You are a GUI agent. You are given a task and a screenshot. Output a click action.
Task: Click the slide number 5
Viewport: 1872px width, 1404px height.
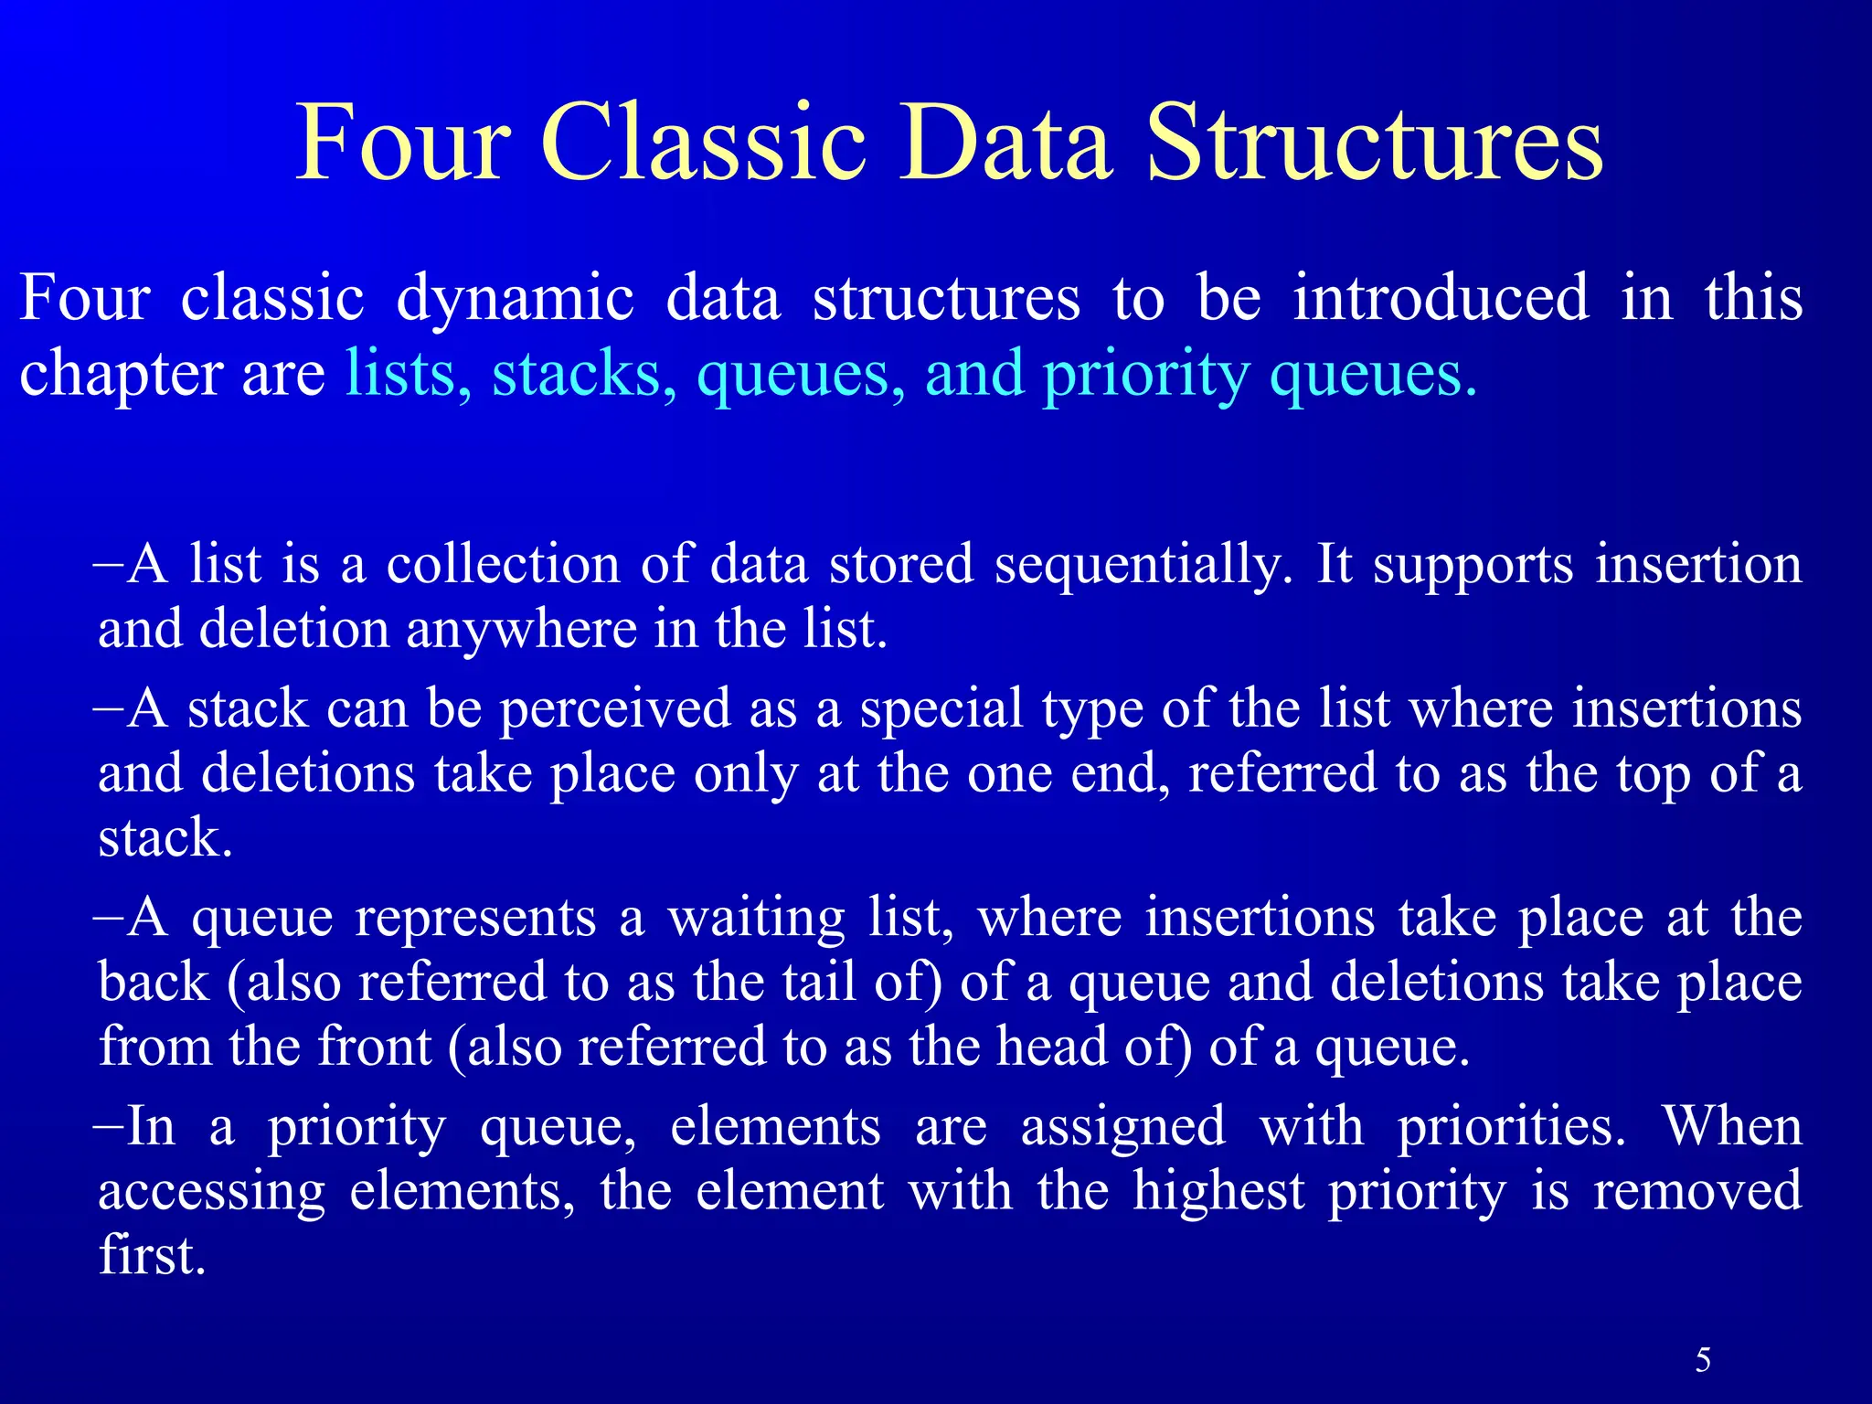click(x=1703, y=1360)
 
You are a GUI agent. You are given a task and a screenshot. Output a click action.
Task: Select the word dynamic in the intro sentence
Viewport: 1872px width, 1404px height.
click(x=515, y=300)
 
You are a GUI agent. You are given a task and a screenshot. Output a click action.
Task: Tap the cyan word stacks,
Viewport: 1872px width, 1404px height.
click(x=584, y=374)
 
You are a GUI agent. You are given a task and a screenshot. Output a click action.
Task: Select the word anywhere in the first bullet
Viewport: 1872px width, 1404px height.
click(x=521, y=631)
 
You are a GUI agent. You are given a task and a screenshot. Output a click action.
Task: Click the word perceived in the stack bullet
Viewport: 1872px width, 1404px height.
click(x=615, y=710)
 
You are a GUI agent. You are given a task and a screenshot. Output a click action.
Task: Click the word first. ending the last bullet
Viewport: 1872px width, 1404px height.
click(x=152, y=1256)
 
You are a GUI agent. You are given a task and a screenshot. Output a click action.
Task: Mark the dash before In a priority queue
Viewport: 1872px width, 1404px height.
click(x=107, y=1125)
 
